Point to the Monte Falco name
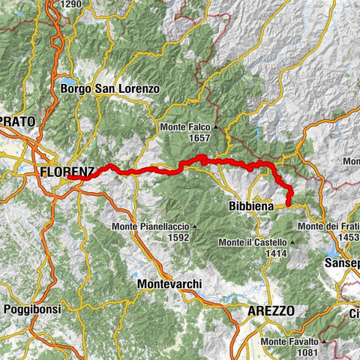[x=185, y=127]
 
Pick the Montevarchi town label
[x=172, y=285]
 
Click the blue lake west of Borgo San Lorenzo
[x=67, y=80]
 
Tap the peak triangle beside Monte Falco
[x=215, y=127]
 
